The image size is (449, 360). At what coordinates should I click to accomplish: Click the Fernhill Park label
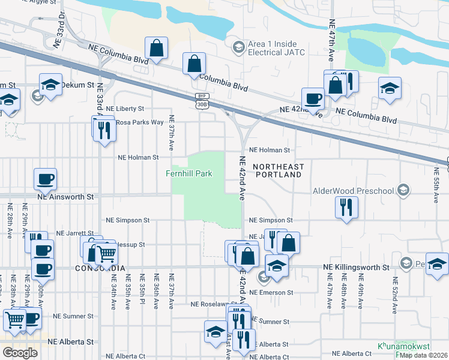[189, 174]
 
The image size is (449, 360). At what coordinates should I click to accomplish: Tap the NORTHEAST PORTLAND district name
[278, 170]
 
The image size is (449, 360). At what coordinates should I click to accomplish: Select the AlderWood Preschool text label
[353, 191]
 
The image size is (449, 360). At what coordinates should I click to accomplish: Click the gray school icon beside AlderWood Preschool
[403, 191]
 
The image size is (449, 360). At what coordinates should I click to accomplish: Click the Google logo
[20, 353]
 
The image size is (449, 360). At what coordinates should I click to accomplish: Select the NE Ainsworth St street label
[66, 196]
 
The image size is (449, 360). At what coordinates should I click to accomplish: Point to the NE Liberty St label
[125, 109]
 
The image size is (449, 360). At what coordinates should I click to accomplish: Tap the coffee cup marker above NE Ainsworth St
[45, 178]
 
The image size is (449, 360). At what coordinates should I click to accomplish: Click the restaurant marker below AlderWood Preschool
[346, 207]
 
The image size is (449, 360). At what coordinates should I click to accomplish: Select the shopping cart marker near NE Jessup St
[106, 253]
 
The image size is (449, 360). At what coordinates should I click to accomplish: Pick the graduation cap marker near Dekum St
[51, 85]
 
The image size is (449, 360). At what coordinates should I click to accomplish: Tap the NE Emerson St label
[270, 292]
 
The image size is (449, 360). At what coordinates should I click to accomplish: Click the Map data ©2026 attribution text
[424, 356]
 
